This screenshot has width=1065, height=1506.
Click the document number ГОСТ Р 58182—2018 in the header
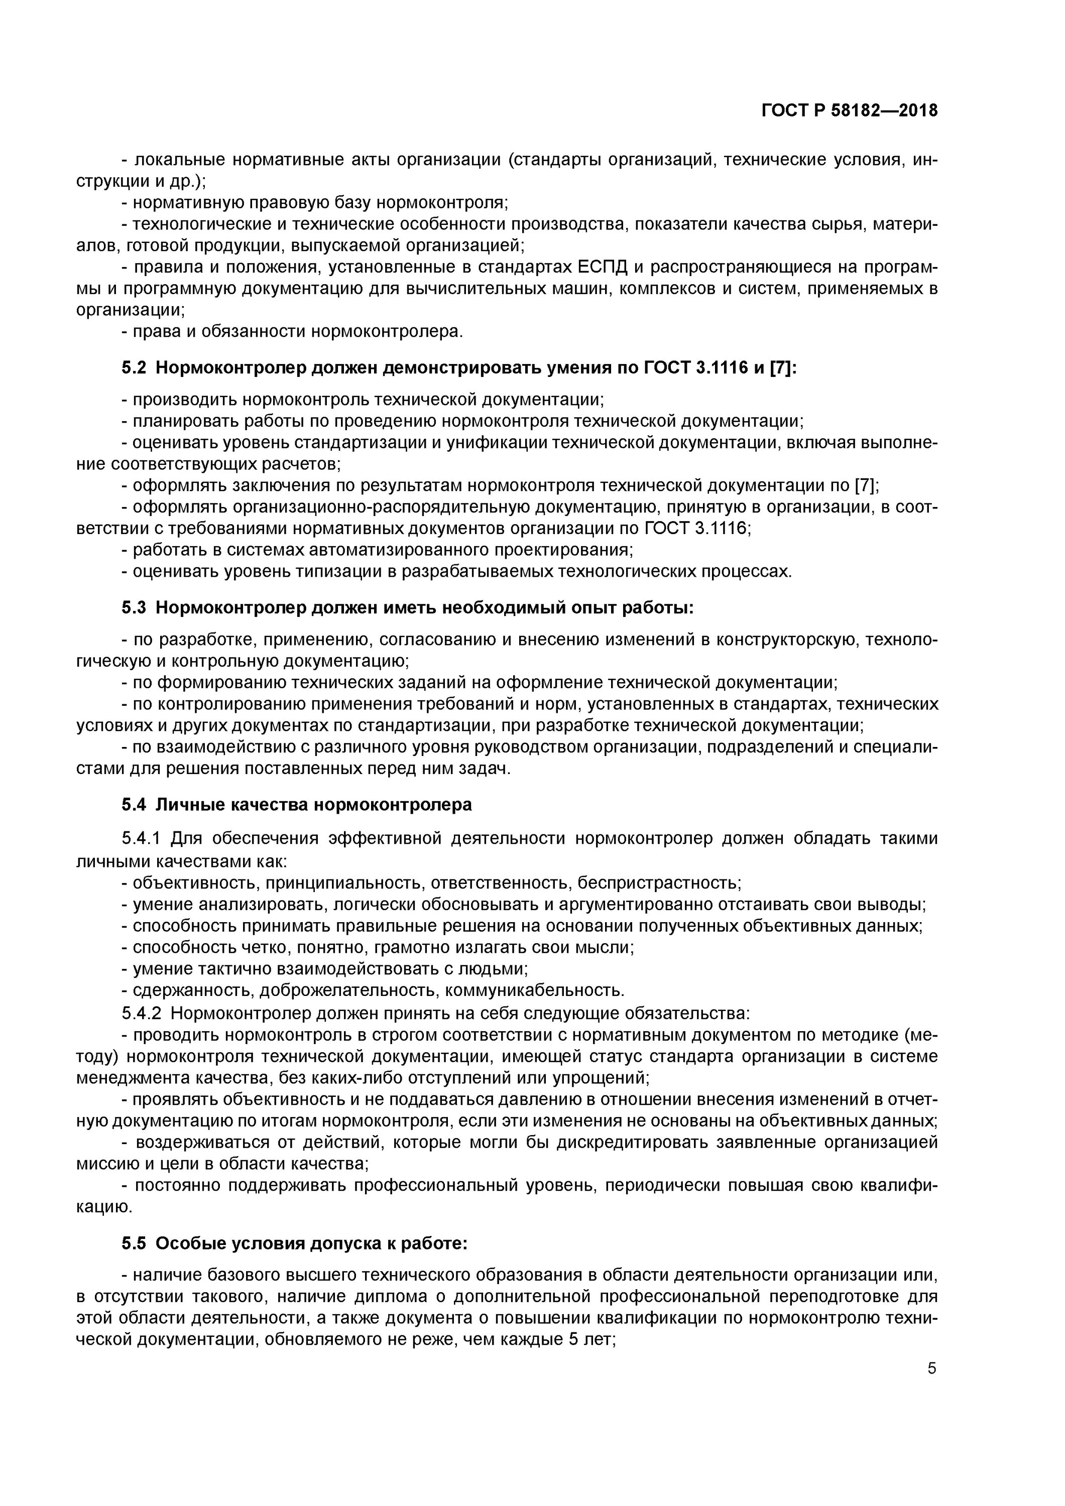click(849, 110)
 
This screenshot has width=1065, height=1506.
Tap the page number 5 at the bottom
click(932, 1368)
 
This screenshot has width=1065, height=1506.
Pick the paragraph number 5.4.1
click(141, 839)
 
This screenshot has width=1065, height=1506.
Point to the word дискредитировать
click(631, 1142)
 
